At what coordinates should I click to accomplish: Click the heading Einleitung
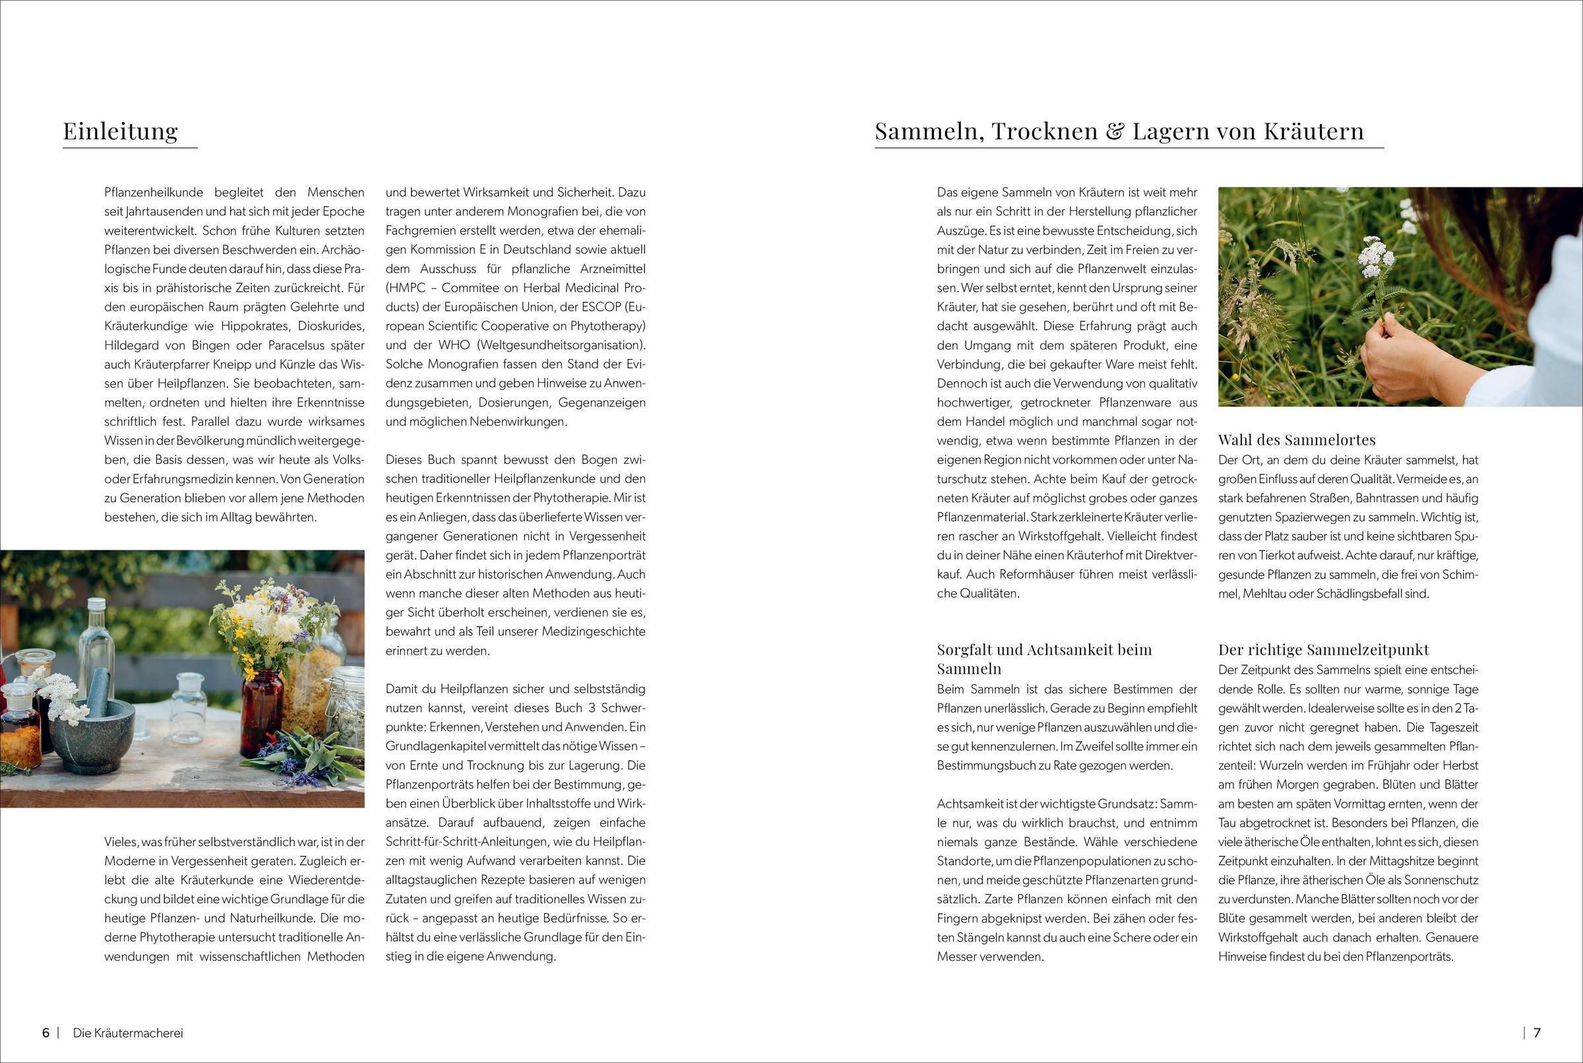click(121, 130)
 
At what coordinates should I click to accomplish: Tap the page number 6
click(46, 1033)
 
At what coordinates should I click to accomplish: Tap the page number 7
click(1537, 1033)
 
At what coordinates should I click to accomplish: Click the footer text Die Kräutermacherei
click(128, 1033)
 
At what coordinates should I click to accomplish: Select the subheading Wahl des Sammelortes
click(1297, 440)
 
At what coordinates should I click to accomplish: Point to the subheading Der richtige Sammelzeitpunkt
click(1324, 649)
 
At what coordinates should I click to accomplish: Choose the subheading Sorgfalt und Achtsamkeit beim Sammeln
click(1044, 659)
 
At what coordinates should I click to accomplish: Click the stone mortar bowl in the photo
click(92, 740)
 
